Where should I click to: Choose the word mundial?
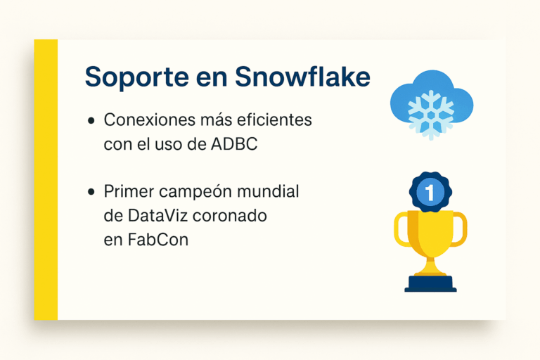[x=271, y=191]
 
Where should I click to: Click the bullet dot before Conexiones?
[x=91, y=121]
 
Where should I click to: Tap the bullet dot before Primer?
[x=91, y=192]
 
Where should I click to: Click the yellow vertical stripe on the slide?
[x=46, y=179]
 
